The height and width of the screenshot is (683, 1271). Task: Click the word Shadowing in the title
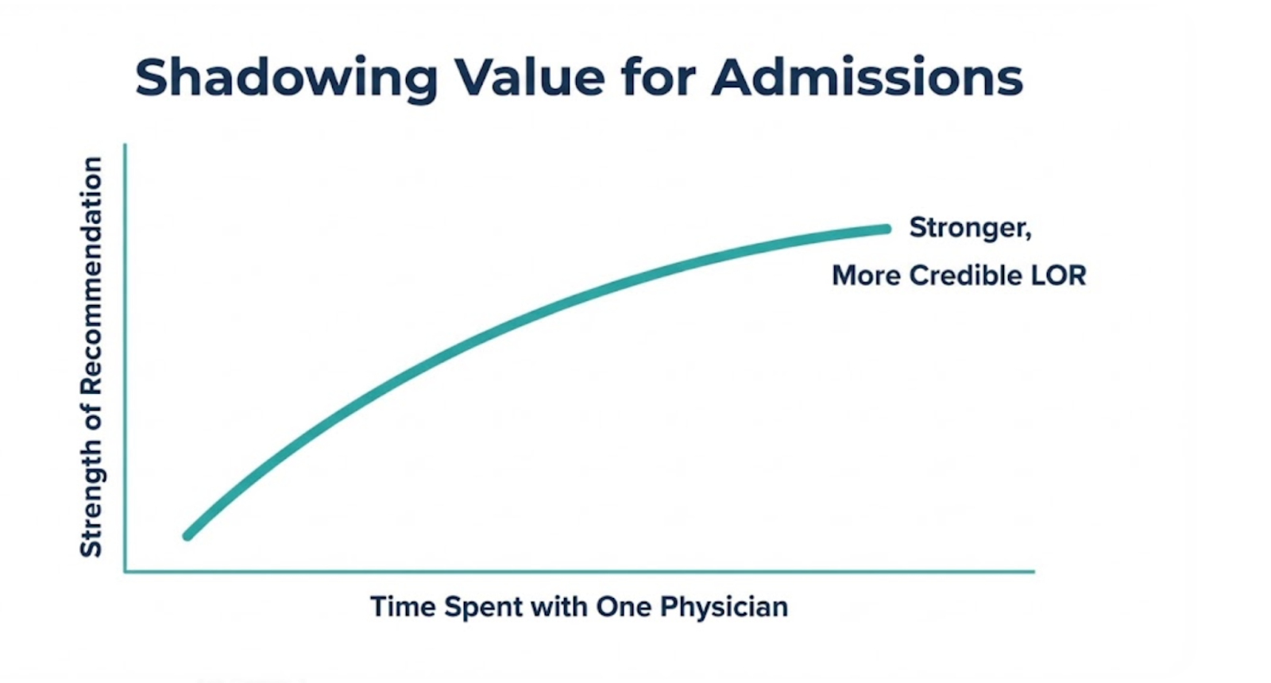(286, 78)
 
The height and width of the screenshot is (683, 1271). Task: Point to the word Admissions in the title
(867, 77)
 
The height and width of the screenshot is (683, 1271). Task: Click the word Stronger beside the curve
(969, 228)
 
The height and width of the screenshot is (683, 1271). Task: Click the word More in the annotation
(865, 276)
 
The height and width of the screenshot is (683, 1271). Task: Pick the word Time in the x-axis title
(403, 607)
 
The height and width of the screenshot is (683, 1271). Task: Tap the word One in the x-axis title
(624, 607)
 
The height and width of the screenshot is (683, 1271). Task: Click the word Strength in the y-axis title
(91, 509)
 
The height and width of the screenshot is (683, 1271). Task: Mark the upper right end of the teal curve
(887, 229)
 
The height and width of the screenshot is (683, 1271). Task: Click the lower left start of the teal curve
(188, 536)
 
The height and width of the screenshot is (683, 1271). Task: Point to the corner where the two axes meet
(126, 570)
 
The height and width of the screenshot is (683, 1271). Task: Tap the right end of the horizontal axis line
(1033, 570)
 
